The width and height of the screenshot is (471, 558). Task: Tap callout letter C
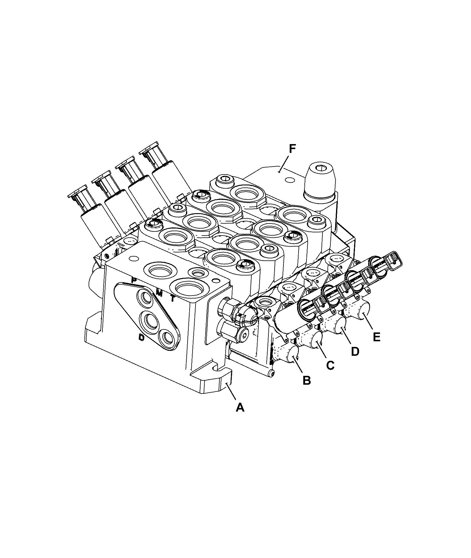(x=330, y=366)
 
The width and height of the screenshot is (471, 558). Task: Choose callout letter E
(x=376, y=337)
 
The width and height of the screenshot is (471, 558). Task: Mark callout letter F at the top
(x=292, y=149)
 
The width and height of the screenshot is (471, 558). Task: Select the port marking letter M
(x=159, y=293)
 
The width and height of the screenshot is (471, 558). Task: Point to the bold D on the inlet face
(x=142, y=337)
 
